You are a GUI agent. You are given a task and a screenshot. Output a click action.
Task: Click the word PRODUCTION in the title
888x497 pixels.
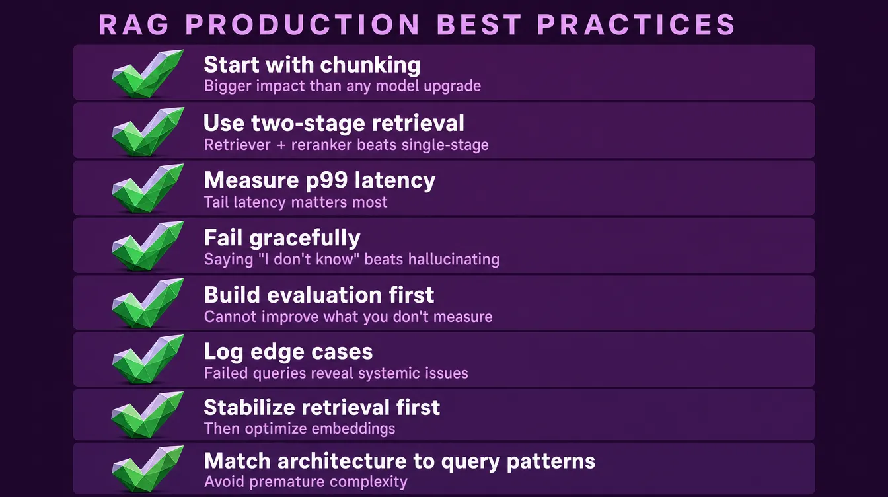pyautogui.click(x=303, y=25)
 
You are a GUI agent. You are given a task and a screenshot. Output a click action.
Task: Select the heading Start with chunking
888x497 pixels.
pyautogui.click(x=312, y=65)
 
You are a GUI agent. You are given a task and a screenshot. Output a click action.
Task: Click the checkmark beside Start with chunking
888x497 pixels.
pyautogui.click(x=147, y=73)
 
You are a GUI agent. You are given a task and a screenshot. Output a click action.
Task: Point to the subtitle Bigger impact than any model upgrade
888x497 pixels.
pyautogui.click(x=342, y=86)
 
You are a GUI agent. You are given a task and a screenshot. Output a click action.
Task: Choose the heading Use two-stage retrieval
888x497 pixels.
pyautogui.click(x=334, y=123)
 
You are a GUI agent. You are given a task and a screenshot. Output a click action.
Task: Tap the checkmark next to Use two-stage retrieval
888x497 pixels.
pyautogui.click(x=147, y=130)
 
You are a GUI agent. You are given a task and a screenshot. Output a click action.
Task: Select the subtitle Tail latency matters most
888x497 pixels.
pyautogui.click(x=295, y=202)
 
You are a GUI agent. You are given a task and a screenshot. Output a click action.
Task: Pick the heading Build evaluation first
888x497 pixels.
pyautogui.click(x=319, y=295)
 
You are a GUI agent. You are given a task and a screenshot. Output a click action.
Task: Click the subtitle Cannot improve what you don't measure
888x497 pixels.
pyautogui.click(x=348, y=317)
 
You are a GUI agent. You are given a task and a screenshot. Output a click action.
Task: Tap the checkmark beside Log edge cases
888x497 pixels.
pyautogui.click(x=147, y=358)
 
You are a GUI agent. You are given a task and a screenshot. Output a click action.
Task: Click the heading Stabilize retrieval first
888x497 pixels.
pyautogui.click(x=322, y=408)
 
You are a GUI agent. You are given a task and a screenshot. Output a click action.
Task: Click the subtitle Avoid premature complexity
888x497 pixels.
pyautogui.click(x=305, y=482)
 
